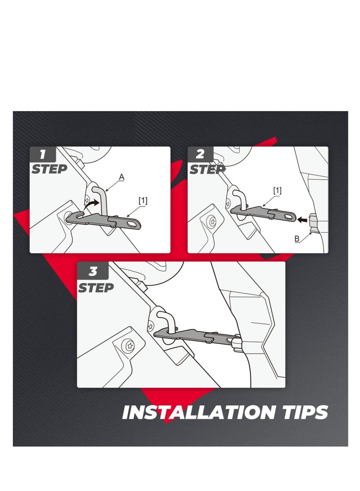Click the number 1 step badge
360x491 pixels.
pos(43,155)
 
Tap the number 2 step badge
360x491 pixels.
pos(200,155)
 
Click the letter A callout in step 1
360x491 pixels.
pos(121,178)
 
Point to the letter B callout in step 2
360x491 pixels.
pos(297,239)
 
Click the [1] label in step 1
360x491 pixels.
pos(143,201)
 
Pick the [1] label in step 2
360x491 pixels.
pos(277,191)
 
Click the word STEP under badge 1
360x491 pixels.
pos(49,170)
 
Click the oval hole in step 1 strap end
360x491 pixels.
pos(132,222)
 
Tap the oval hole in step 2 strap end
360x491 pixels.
pos(287,217)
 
